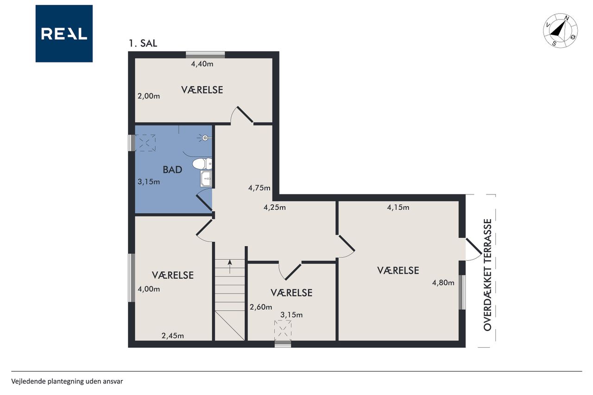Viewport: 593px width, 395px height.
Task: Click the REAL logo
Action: point(64,34)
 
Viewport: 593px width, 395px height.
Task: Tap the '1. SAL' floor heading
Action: point(143,44)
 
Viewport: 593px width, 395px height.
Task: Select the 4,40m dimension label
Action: point(202,64)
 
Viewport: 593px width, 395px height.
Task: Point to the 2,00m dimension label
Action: point(149,96)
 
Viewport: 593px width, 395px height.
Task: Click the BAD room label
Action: point(172,169)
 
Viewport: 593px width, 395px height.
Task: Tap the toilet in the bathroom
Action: point(202,164)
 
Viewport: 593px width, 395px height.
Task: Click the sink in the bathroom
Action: point(206,179)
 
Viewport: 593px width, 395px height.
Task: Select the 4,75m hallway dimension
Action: point(259,188)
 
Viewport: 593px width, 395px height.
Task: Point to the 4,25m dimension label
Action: point(275,207)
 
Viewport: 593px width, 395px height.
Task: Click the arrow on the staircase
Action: point(230,266)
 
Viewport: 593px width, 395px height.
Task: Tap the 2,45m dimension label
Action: point(173,336)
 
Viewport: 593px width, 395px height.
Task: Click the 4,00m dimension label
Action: point(149,289)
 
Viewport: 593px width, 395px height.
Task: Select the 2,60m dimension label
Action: point(261,307)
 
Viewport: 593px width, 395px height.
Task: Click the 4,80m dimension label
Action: point(443,283)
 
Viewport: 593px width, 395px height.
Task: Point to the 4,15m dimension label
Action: point(398,207)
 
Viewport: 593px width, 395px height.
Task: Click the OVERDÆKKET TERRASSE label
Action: point(487,275)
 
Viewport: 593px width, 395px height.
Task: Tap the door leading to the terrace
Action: point(474,249)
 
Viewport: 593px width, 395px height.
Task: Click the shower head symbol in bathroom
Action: point(205,138)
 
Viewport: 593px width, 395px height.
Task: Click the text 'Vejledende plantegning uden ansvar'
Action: point(67,382)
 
